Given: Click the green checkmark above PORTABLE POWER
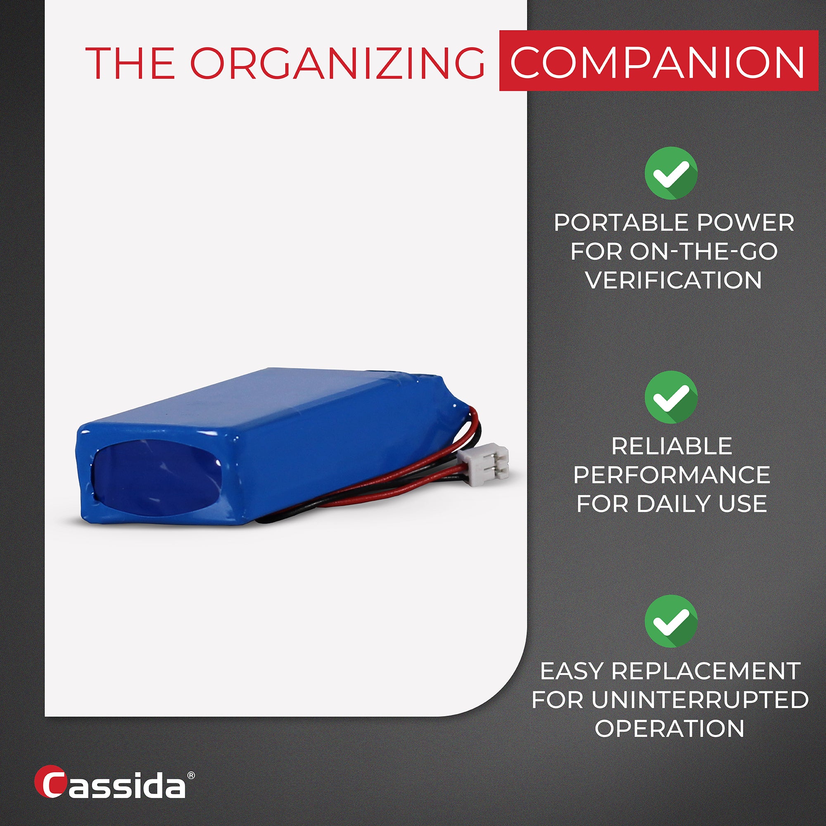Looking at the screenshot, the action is coord(671,173).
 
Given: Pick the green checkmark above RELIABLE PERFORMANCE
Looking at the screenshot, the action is coord(671,397).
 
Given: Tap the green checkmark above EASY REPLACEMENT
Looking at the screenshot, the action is coord(671,621).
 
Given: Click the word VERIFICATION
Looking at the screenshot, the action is coord(673,280).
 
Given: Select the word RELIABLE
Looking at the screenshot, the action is coord(672,446).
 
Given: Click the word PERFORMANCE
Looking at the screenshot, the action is coord(672,475).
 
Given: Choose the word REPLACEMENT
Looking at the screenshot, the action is coord(705,671).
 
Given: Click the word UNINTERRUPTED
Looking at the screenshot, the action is coord(700,700).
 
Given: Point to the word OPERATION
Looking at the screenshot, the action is coord(669,729).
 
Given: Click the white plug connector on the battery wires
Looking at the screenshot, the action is coord(483,465).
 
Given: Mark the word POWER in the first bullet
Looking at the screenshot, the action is coord(745,223).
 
